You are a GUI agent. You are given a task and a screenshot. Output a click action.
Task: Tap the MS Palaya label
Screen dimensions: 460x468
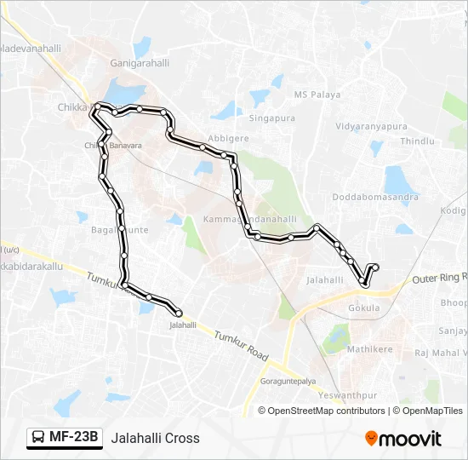pyautogui.click(x=317, y=94)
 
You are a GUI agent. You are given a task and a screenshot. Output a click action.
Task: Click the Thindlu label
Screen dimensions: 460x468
pyautogui.click(x=417, y=141)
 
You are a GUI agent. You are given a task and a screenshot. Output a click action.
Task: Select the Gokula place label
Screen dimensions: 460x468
pyautogui.click(x=364, y=308)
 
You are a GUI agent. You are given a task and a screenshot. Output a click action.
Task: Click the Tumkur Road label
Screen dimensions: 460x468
pyautogui.click(x=241, y=344)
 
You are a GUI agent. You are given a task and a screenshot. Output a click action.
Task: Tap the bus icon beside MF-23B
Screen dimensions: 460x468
pyautogui.click(x=38, y=438)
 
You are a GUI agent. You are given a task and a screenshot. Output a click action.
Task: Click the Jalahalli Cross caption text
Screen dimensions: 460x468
pyautogui.click(x=155, y=438)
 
